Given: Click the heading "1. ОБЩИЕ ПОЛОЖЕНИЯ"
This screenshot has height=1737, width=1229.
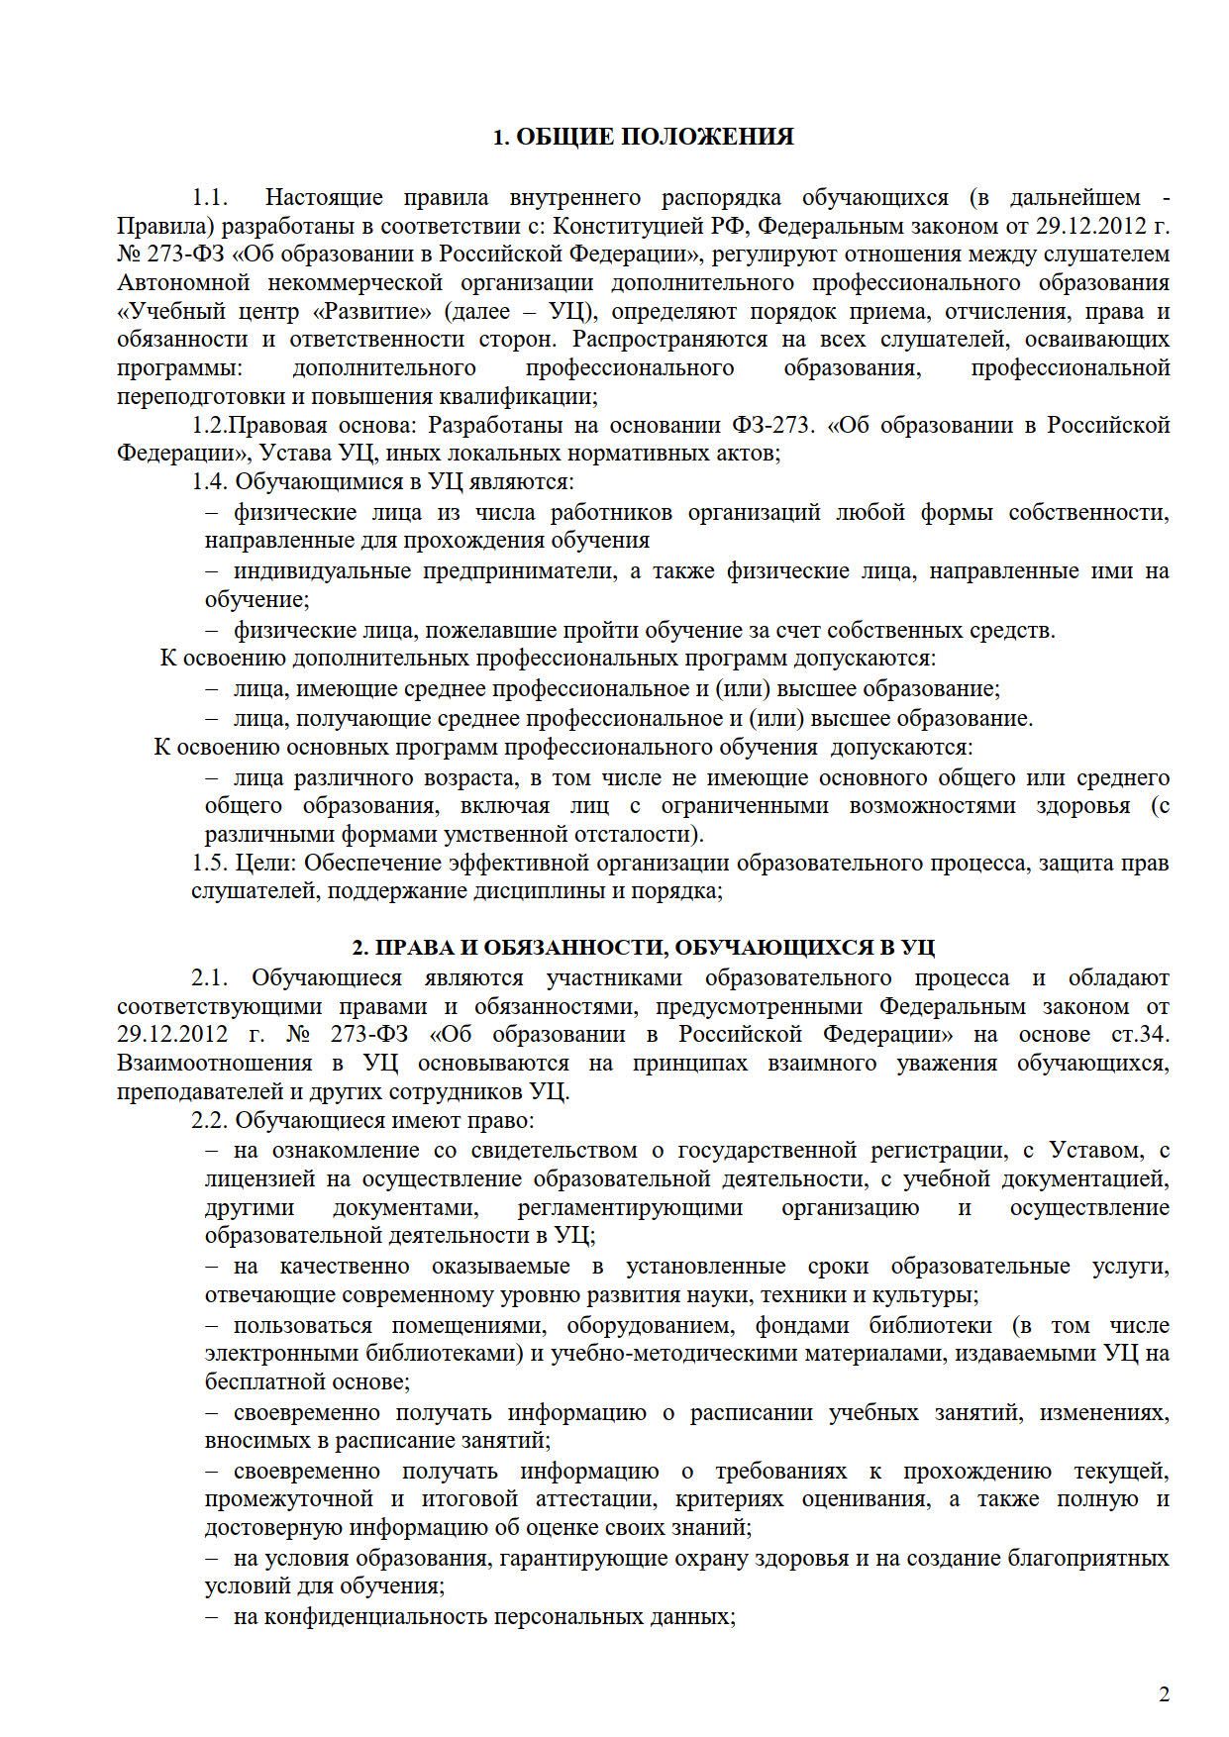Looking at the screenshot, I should pos(643,138).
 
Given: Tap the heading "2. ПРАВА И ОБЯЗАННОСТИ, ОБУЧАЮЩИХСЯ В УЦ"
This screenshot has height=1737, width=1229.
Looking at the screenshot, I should pos(644,948).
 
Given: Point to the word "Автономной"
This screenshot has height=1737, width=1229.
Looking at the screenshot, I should pos(174,283).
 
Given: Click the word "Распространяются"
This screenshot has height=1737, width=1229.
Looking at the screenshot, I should pos(665,340).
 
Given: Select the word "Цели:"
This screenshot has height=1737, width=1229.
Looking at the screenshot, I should pos(267,863).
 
